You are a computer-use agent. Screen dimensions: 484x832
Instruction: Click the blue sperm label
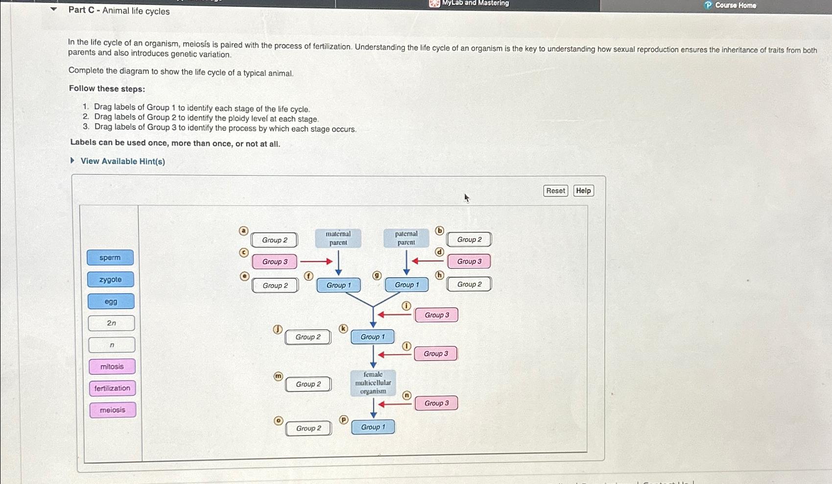click(110, 258)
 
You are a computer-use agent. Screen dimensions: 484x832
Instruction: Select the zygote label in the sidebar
click(111, 280)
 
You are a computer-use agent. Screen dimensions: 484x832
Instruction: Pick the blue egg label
click(111, 301)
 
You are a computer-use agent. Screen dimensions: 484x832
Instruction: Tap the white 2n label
click(112, 323)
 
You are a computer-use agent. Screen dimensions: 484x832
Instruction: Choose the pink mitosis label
click(112, 366)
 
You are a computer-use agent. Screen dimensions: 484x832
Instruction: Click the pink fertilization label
click(113, 388)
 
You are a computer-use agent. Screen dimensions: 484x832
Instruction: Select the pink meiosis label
click(113, 410)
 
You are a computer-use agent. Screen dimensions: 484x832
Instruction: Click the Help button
click(583, 191)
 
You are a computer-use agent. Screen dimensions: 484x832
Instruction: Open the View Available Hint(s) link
click(122, 161)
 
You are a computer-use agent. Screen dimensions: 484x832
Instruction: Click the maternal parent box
click(338, 238)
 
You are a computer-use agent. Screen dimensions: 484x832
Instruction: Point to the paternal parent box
click(406, 238)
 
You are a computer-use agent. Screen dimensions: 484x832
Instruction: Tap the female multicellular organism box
click(373, 383)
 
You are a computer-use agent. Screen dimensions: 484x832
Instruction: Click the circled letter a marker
click(243, 231)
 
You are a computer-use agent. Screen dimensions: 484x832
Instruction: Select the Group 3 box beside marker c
click(275, 262)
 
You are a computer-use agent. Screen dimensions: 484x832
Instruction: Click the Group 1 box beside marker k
click(373, 337)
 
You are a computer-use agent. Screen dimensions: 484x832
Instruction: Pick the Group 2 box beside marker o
click(309, 428)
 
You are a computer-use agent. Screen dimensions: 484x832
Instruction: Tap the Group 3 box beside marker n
click(436, 403)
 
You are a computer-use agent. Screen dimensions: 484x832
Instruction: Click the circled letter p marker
click(344, 419)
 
